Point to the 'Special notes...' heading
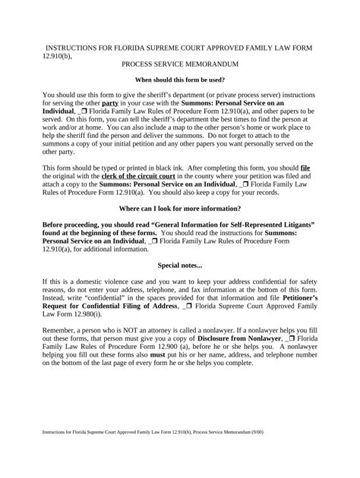coord(180,244)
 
